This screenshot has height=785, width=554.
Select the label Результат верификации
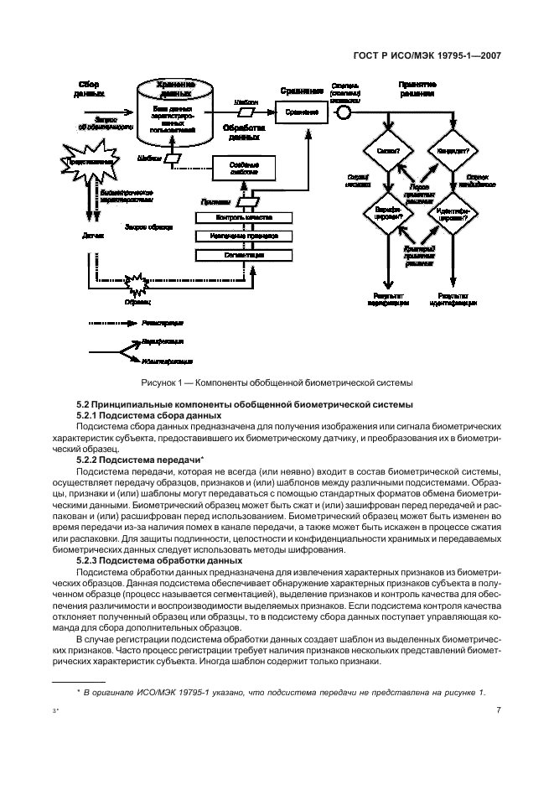pyautogui.click(x=386, y=299)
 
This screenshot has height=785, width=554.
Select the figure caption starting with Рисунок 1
pyautogui.click(x=277, y=385)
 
